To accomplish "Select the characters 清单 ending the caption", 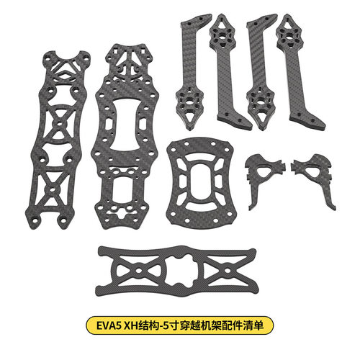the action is [254, 325].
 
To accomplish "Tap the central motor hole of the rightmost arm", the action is [289, 35].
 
